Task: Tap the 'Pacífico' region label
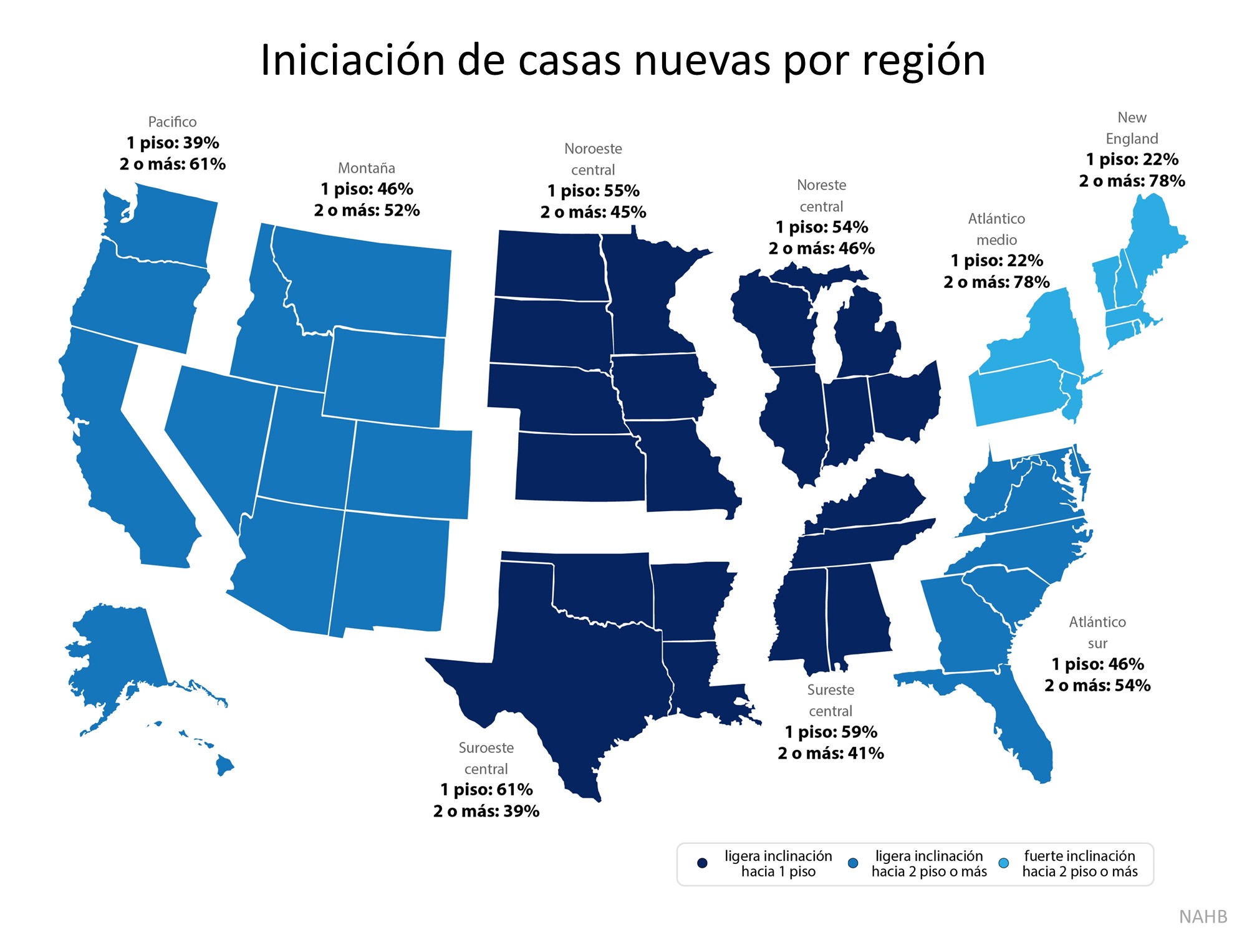pos(172,122)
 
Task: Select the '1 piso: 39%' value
pos(173,143)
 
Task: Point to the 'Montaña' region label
pos(367,168)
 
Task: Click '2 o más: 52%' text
pos(367,211)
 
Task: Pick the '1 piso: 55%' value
pos(594,191)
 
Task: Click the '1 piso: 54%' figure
pos(822,227)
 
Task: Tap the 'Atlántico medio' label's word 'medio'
pos(996,240)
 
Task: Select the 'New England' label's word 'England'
pos(1132,138)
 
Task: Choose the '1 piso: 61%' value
pos(486,790)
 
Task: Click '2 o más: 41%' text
pos(831,754)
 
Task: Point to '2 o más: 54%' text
pos(1097,686)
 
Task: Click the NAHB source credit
pos(1203,916)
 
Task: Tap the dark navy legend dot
pos(702,863)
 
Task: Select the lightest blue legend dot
pos(1004,863)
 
